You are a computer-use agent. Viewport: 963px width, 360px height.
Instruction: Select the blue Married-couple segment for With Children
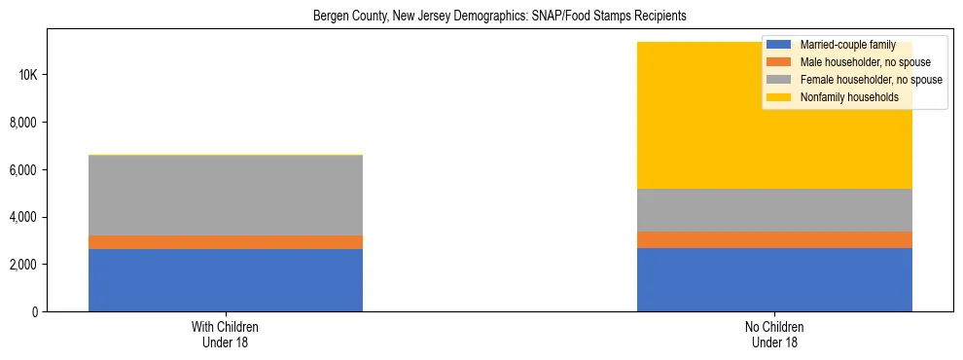226,280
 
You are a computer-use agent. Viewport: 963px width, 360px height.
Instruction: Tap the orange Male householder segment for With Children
226,242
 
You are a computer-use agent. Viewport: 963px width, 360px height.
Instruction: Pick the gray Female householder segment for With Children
226,196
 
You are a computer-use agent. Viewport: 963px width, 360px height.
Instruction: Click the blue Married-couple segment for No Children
774,279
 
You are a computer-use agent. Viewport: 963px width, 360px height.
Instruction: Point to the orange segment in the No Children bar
774,239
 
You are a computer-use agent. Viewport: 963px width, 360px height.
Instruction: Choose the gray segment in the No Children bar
774,210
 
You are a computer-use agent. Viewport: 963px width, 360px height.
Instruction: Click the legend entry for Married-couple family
842,45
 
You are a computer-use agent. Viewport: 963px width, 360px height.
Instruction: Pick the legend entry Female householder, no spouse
862,80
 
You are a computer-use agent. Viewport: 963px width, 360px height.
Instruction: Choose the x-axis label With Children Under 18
226,335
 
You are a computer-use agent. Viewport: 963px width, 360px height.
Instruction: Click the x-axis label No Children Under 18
774,335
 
